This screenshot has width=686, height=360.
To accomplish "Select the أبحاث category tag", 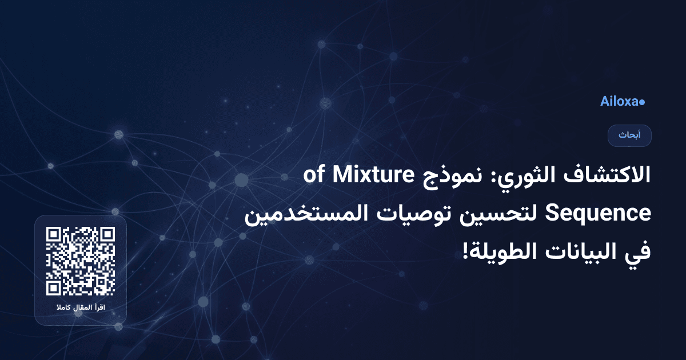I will (x=629, y=135).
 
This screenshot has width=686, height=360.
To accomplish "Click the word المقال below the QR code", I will (x=81, y=309).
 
